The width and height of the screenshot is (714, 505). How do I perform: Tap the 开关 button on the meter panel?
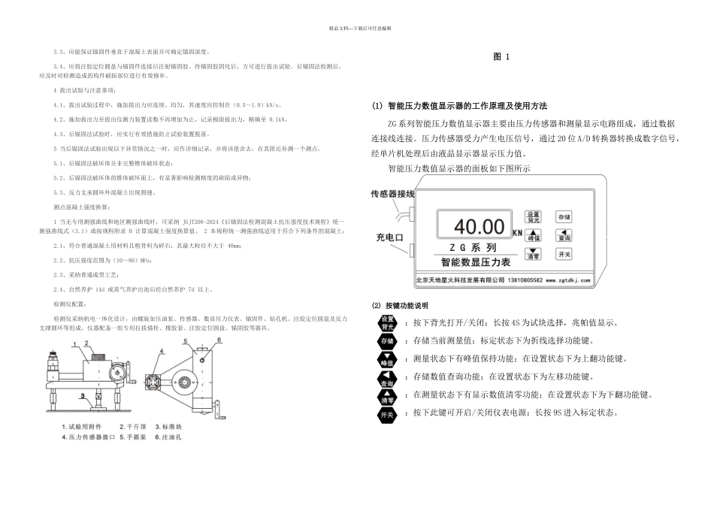coord(564,255)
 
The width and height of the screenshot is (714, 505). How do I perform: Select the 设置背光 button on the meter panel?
coord(532,218)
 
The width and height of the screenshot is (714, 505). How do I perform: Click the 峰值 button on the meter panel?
coord(532,235)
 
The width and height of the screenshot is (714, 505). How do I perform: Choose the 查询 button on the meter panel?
coord(564,236)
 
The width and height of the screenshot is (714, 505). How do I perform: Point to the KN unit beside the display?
coord(517,234)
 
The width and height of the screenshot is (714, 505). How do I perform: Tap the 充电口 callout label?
coord(390,237)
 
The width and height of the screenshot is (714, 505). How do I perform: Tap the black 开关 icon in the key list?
coord(387,414)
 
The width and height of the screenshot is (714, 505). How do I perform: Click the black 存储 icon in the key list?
coord(387,341)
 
